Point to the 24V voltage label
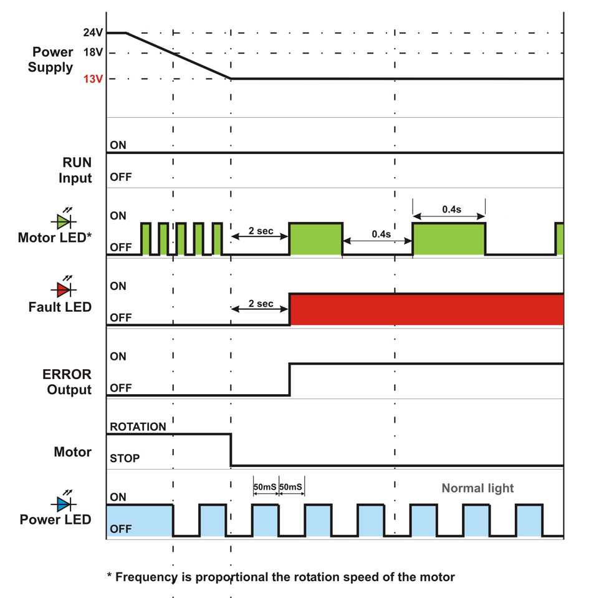point(92,33)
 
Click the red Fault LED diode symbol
point(63,290)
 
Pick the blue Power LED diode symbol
point(63,503)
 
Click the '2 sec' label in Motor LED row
point(261,231)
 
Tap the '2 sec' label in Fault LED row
point(261,304)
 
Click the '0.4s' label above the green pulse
point(448,210)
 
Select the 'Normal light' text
point(477,488)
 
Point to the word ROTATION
point(138,427)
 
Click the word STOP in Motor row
point(125,458)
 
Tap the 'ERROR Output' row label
point(67,382)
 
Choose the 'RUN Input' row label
point(77,170)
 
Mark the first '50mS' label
point(266,486)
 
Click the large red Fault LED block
point(426,309)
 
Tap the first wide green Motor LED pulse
point(315,239)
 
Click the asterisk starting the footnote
point(109,577)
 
